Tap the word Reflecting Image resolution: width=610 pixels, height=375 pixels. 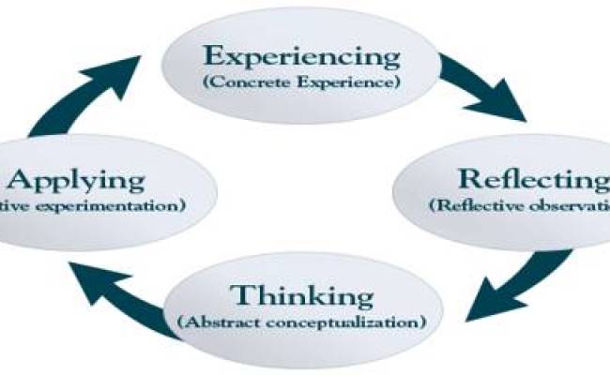coord(528,179)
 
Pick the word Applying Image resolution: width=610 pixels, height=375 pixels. coord(77,179)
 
